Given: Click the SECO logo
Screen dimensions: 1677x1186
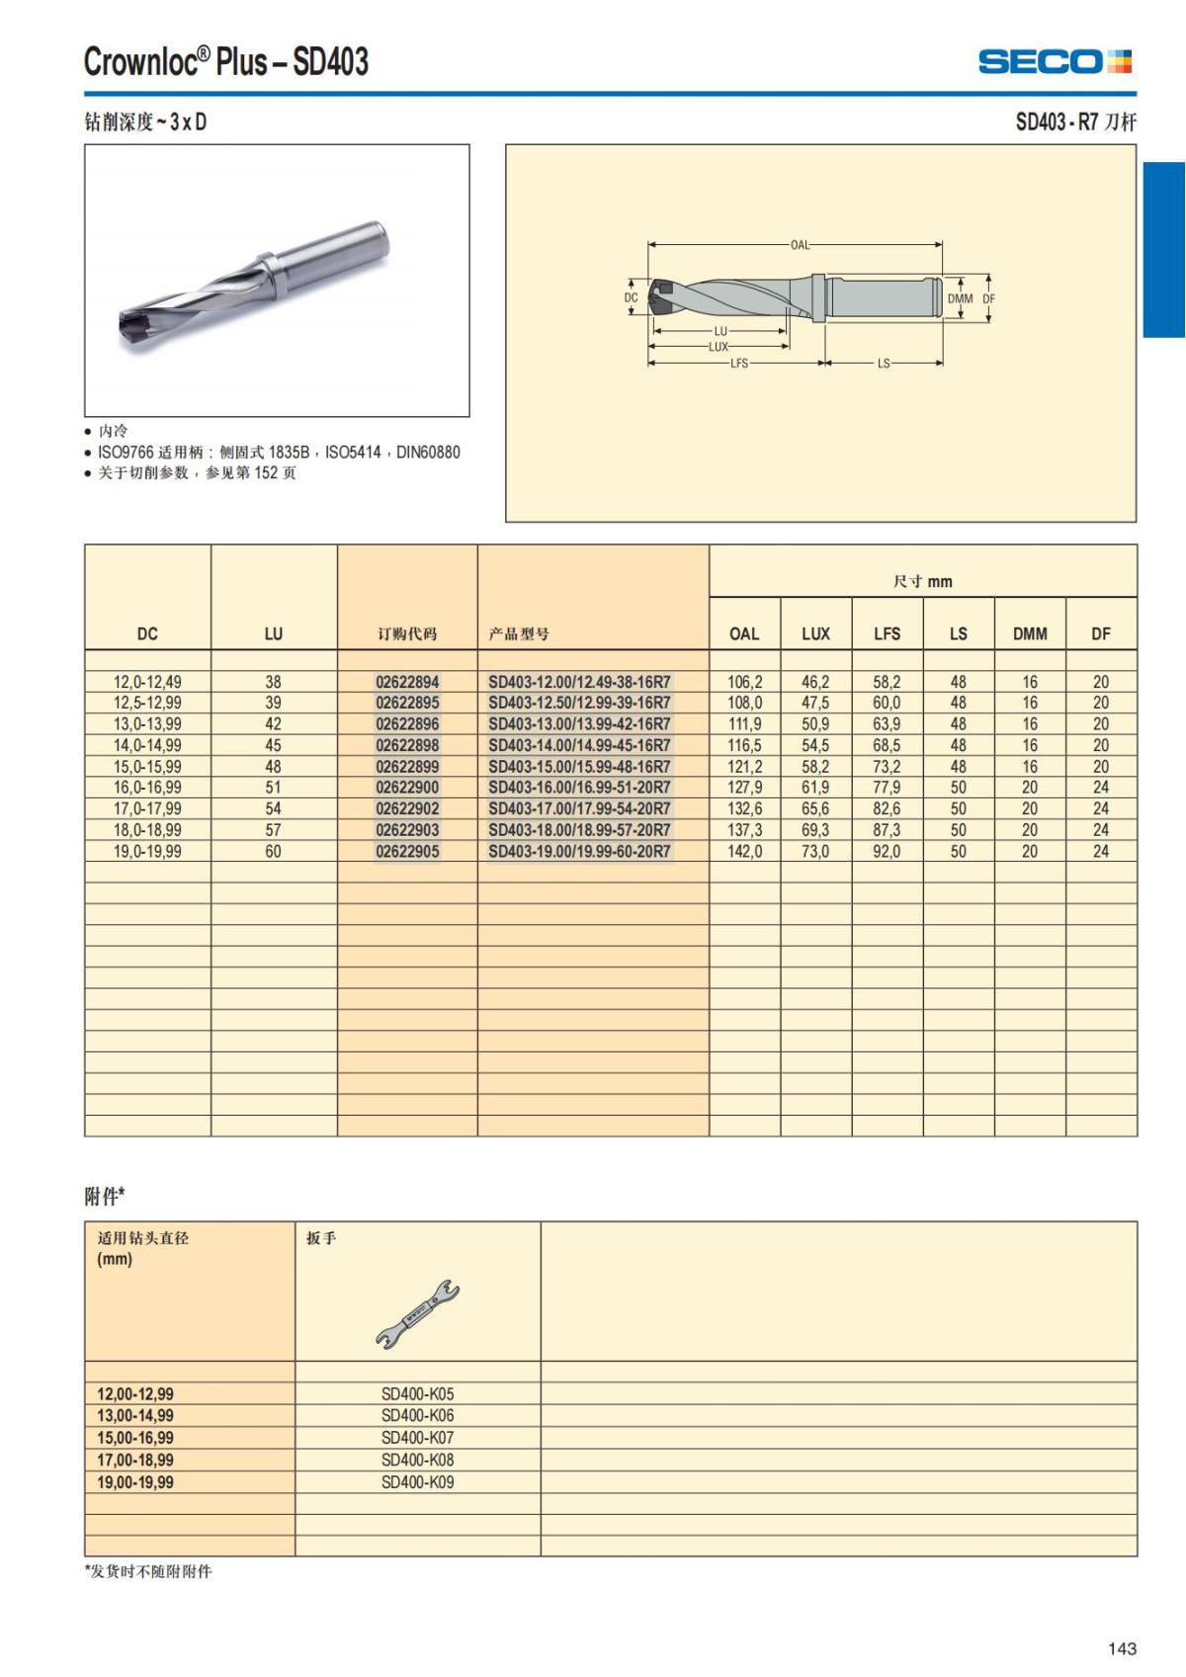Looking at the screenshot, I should point(1055,62).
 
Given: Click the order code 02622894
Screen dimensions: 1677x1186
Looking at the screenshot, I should point(407,682).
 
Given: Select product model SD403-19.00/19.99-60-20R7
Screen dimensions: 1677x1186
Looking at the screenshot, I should point(579,852).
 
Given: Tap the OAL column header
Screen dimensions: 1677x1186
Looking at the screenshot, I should point(744,633).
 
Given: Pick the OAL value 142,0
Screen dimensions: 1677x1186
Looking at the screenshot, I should point(744,852).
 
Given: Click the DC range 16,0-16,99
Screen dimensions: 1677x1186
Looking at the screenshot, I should point(147,788).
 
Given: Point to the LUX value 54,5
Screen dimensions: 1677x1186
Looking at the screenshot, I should point(815,745).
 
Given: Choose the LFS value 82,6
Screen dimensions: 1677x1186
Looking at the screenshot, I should point(887,809).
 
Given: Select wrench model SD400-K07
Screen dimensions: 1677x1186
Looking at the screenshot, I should point(417,1438).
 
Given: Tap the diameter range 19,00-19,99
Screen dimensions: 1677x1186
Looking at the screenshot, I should point(135,1482).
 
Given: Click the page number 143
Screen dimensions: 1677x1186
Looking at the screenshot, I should point(1122,1648).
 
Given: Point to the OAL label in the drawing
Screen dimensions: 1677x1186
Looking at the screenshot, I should point(800,244).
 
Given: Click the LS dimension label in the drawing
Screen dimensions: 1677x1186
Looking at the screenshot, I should point(884,364).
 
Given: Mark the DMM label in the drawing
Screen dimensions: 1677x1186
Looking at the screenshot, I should point(960,298).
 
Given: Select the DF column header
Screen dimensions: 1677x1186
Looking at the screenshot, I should point(1100,633).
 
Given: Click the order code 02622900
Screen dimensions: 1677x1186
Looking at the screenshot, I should point(407,788).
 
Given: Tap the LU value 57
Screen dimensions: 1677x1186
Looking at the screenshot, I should point(273,830).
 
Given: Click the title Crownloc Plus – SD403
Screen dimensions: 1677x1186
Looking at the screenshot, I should point(226,62).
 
